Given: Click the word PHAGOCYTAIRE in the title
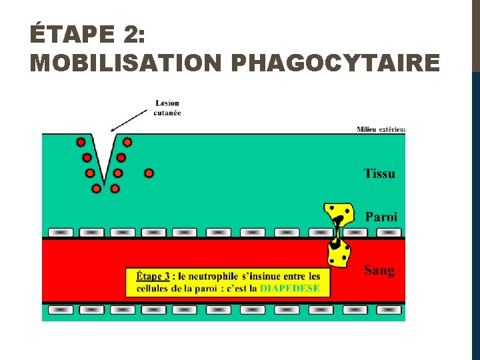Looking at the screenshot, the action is (x=335, y=63).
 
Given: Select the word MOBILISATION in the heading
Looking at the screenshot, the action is (x=125, y=63).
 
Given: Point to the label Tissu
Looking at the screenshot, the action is (x=379, y=173).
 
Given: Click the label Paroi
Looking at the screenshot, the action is (x=381, y=217).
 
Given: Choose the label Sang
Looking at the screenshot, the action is (x=379, y=270).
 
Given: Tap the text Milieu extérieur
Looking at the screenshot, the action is (x=381, y=129).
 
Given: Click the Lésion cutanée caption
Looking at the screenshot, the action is (x=167, y=108).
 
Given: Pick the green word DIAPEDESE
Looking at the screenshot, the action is (x=289, y=289).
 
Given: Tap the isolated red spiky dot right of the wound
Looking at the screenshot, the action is (x=149, y=173).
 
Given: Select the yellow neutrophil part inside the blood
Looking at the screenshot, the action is (x=338, y=254).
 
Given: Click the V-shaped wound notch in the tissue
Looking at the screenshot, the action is (x=104, y=160).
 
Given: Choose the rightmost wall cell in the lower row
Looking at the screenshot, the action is (x=389, y=310).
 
